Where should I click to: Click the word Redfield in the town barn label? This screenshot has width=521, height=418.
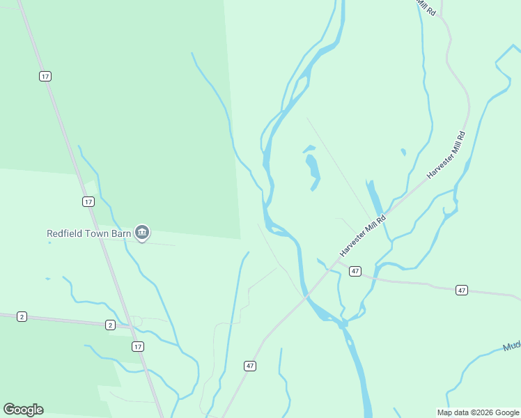[67, 234]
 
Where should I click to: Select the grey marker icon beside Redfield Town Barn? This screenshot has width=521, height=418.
[142, 232]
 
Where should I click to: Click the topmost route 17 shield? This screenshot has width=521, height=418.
[45, 76]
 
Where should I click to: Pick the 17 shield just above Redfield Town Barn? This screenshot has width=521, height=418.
[88, 201]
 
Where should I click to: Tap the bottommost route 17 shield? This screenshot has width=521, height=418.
[138, 346]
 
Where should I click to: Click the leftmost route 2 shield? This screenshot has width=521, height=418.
[22, 316]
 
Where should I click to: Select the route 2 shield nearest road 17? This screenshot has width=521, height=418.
[110, 325]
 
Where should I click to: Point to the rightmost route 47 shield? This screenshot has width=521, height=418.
[461, 290]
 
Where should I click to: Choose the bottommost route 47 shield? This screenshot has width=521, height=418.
[250, 365]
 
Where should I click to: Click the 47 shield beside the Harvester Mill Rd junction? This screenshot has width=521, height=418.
[355, 270]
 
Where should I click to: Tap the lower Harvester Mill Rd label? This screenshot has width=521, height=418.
[364, 233]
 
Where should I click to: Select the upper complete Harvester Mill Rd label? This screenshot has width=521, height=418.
[446, 155]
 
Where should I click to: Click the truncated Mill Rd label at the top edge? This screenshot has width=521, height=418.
[426, 7]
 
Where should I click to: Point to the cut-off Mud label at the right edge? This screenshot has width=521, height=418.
[511, 346]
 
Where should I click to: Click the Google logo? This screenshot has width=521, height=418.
[23, 410]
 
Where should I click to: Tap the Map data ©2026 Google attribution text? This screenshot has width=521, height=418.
[478, 412]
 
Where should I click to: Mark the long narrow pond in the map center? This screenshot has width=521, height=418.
[313, 171]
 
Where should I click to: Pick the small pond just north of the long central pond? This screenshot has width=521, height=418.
[309, 148]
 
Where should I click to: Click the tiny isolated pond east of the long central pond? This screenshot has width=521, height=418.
[403, 151]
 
